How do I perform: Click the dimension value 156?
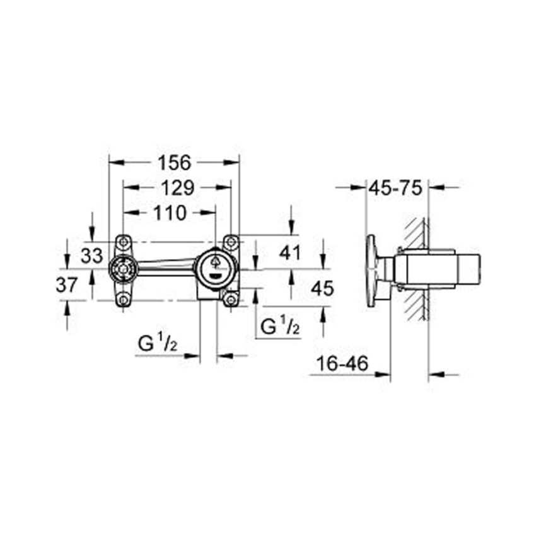(174, 163)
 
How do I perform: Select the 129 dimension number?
(176, 187)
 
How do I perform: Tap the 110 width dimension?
(169, 213)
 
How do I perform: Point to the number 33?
(93, 255)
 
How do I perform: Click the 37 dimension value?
(67, 284)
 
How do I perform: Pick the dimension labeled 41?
(290, 253)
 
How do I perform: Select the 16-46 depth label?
(341, 364)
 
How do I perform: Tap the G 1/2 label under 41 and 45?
(279, 327)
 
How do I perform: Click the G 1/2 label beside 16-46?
(158, 345)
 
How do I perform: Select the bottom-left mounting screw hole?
(124, 300)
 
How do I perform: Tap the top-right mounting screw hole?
(231, 242)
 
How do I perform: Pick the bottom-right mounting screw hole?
(231, 300)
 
